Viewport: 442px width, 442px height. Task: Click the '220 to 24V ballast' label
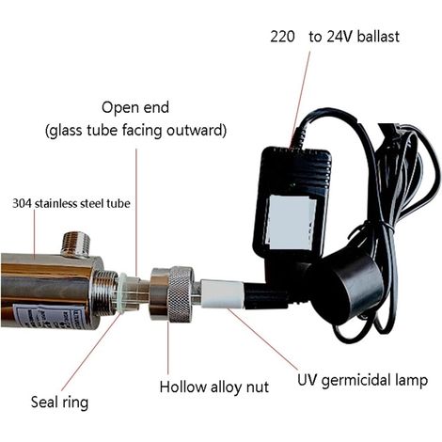coord(335,37)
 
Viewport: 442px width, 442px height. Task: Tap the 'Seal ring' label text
coord(59,402)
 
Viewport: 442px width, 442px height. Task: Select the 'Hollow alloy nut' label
coord(214,387)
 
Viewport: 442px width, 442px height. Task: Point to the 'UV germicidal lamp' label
coord(362,381)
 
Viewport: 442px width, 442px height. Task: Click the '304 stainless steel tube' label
coord(71,204)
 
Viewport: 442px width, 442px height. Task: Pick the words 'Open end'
coord(135,107)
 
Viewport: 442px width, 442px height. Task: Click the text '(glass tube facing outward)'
coord(135,131)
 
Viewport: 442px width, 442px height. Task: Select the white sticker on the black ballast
coord(290,223)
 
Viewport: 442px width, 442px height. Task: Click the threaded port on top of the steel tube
coord(76,245)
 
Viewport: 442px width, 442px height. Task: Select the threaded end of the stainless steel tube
coord(104,292)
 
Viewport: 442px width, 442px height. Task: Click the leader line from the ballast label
coord(300,98)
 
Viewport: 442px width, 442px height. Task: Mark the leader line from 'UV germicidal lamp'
coord(262,339)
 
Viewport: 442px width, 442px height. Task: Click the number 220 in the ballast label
coord(282,37)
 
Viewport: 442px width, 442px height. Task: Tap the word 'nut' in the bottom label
coord(258,387)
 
